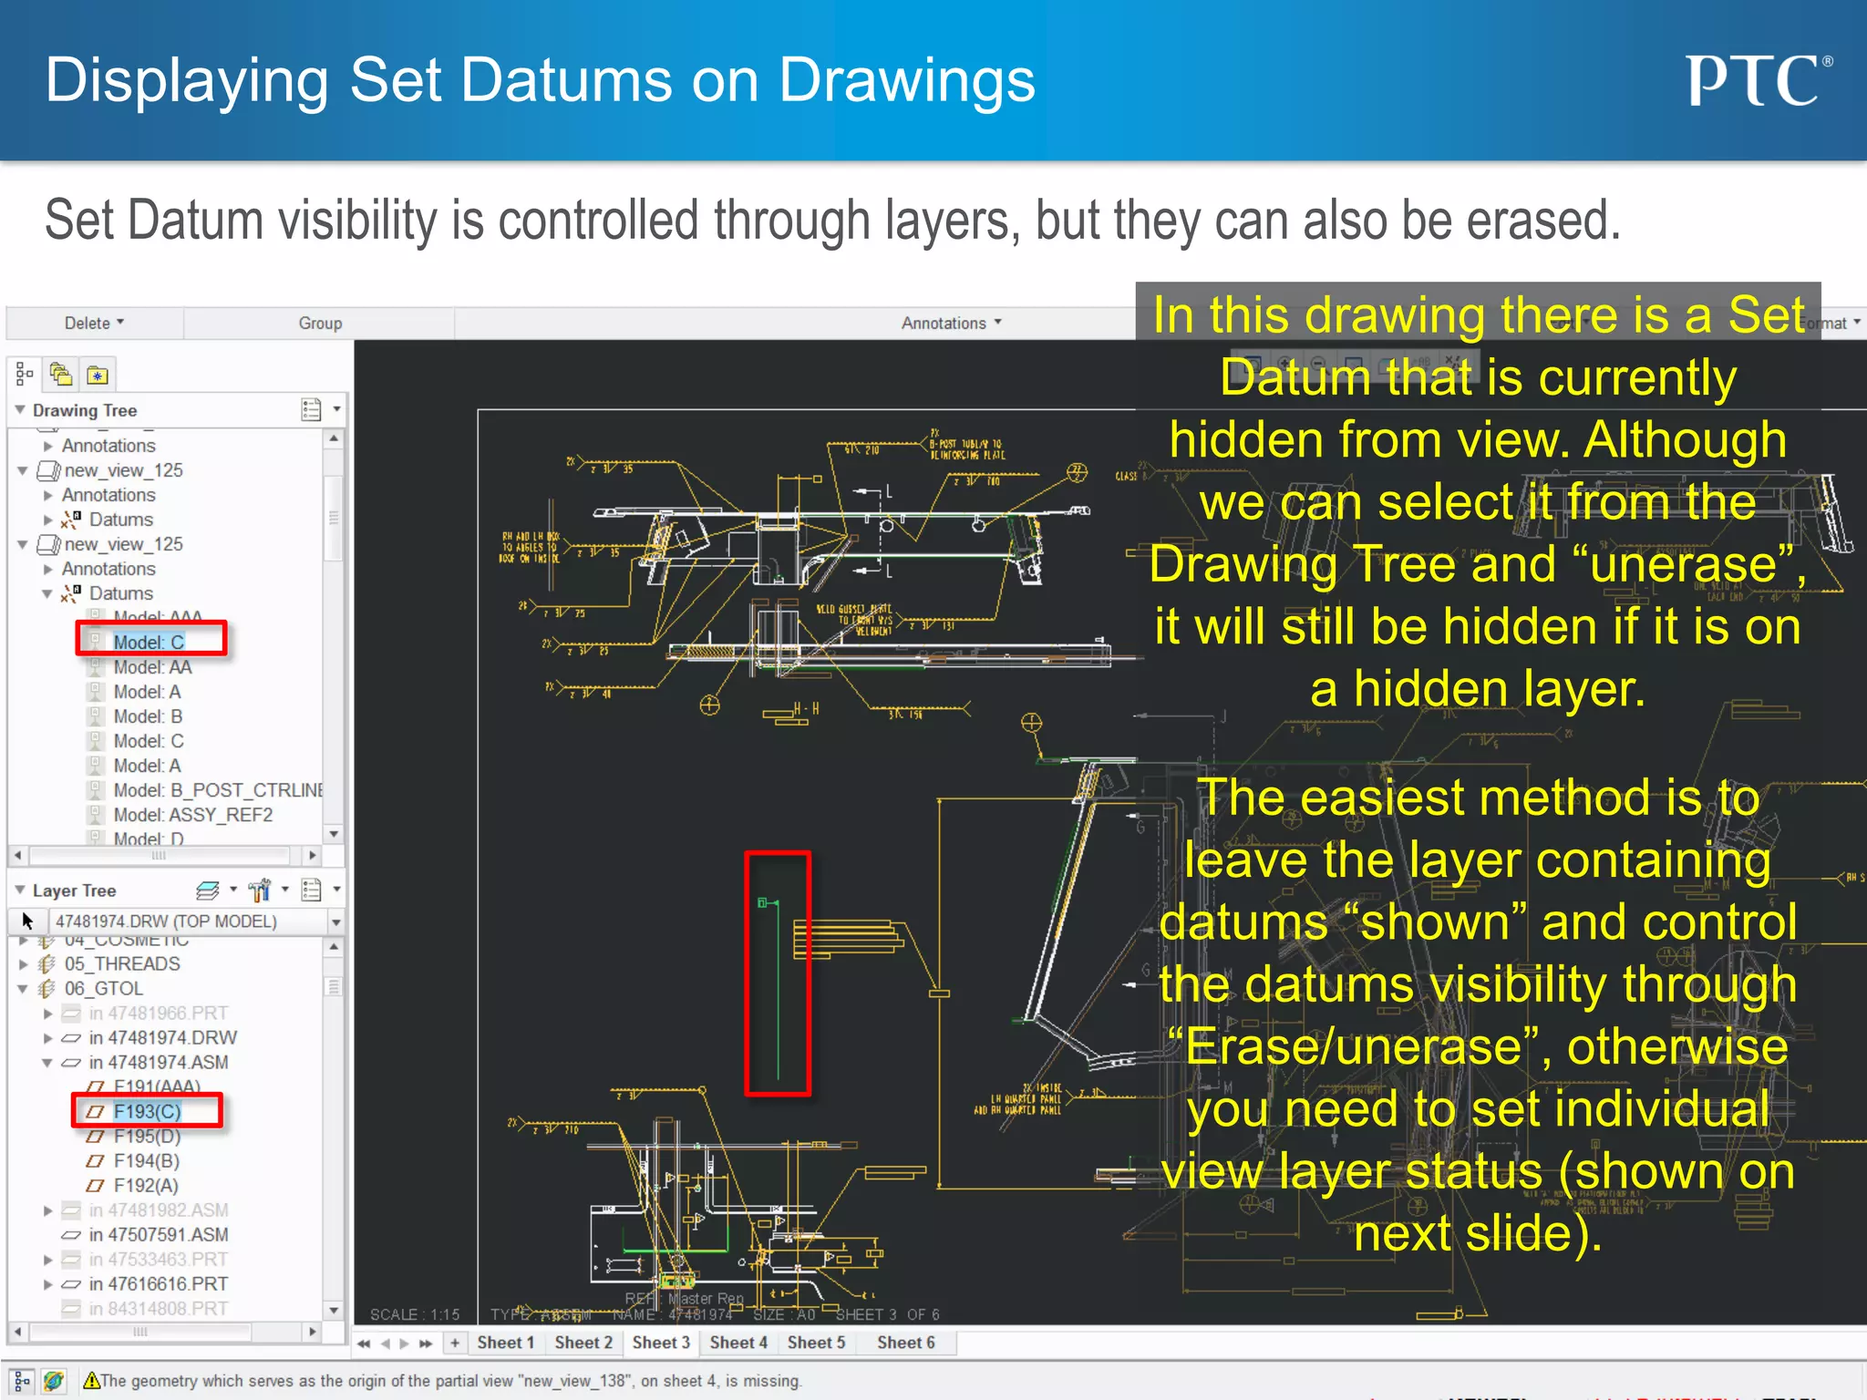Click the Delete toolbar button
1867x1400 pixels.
(94, 323)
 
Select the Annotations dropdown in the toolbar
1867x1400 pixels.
(951, 323)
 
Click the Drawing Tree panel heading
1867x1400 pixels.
(85, 410)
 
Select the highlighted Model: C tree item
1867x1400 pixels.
(149, 642)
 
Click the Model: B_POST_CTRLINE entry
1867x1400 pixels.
(218, 790)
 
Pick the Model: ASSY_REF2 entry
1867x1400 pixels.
(192, 815)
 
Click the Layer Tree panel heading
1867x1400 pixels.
(74, 890)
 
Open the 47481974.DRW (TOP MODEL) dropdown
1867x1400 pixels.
(335, 921)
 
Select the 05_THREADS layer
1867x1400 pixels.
(122, 963)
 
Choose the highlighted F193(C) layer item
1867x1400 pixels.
(147, 1111)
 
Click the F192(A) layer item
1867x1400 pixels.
(146, 1185)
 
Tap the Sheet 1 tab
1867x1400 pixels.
(505, 1343)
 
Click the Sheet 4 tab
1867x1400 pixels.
(738, 1343)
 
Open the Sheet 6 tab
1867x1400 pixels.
(905, 1343)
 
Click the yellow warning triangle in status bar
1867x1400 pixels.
(91, 1381)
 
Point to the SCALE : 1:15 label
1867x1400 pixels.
(415, 1314)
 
